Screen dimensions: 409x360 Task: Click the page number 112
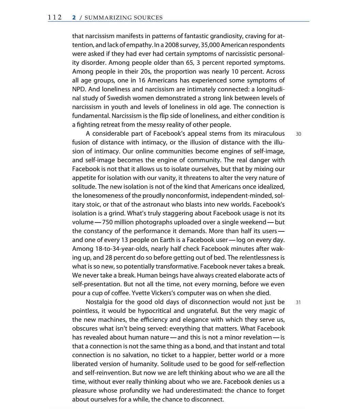coord(54,17)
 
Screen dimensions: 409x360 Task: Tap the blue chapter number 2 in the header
coord(74,18)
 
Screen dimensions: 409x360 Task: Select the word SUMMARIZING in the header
coord(106,18)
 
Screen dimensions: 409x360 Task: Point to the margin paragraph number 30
coord(298,134)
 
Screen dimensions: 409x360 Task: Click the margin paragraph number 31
coord(298,302)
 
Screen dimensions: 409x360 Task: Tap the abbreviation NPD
coord(79,89)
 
